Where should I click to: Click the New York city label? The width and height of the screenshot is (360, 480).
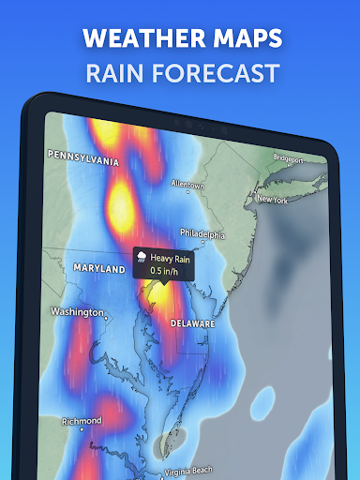coord(270,200)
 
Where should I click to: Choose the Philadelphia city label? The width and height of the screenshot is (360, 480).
coord(202,234)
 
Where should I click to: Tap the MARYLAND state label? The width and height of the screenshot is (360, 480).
coord(99,269)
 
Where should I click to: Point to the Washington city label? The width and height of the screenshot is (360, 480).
coord(76,312)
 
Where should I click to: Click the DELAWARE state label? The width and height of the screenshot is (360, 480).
coord(192,322)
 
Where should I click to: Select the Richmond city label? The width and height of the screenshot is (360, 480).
coord(82,422)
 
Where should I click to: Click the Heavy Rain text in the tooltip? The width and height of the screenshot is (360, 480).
coord(169,257)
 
